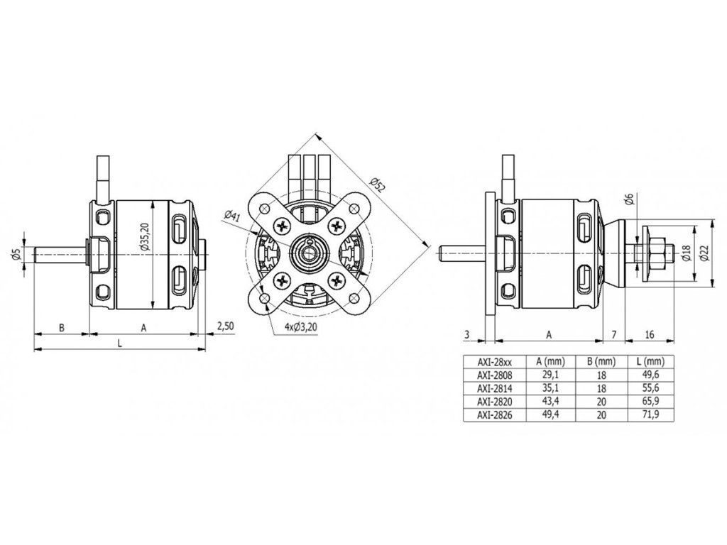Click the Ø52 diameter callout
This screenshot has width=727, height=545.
pos(378,185)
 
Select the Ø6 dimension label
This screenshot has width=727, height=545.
pos(629,201)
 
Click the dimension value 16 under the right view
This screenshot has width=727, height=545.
pos(650,334)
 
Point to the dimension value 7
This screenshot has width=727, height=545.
pos(613,334)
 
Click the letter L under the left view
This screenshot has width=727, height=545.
pos(119,343)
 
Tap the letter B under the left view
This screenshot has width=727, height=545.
pos(62,328)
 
